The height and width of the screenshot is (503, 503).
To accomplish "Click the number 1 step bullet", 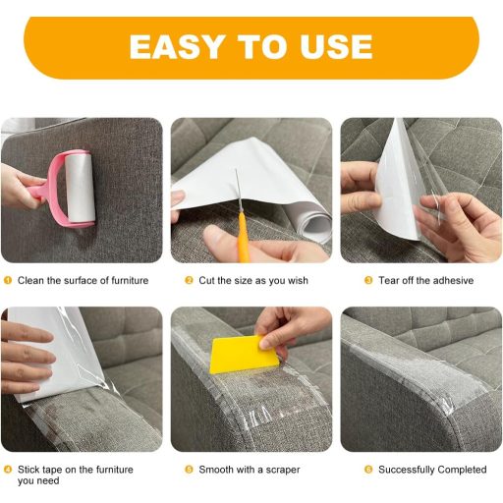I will [8, 281].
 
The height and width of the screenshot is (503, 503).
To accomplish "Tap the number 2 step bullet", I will [190, 281].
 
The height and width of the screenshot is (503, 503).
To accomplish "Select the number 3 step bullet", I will [368, 281].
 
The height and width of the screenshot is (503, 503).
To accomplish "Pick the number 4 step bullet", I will [8, 470].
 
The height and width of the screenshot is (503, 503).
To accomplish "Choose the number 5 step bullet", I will [190, 470].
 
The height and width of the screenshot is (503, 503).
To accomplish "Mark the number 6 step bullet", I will [368, 470].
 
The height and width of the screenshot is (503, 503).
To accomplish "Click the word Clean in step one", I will [31, 281].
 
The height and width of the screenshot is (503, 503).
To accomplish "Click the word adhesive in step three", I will [450, 281].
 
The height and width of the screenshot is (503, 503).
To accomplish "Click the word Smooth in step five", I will [217, 470].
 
